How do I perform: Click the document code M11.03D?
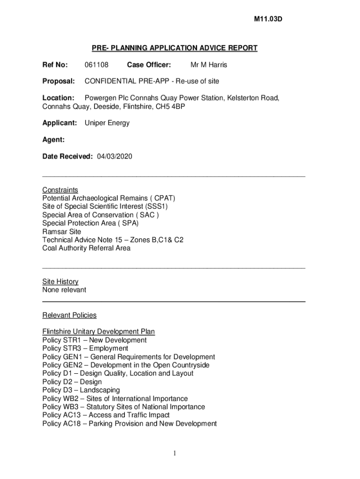(268, 19)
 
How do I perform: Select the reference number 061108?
(96, 65)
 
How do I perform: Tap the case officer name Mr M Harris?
(209, 65)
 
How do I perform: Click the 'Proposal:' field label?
(58, 81)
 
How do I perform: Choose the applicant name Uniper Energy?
(107, 123)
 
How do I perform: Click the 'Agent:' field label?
(53, 140)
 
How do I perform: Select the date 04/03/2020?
(115, 156)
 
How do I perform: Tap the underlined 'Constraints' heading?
(60, 190)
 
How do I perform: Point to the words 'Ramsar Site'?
(62, 232)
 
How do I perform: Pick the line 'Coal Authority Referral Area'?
(86, 248)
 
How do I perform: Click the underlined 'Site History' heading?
(60, 282)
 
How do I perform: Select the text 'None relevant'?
(64, 290)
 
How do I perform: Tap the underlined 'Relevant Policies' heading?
(69, 315)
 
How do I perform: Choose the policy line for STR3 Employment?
(85, 348)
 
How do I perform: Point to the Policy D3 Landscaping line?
(81, 390)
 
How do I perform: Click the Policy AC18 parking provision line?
(130, 424)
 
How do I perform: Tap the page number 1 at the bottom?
(173, 453)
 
